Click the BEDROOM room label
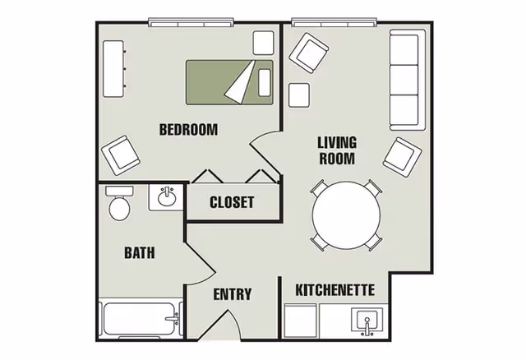tap(188, 129)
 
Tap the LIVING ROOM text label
tap(337, 150)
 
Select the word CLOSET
tap(232, 202)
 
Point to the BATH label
tap(139, 253)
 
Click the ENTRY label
tap(233, 294)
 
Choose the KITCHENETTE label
tap(335, 290)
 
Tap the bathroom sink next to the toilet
tap(167, 197)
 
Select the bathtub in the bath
tap(141, 318)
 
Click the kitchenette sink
tap(367, 321)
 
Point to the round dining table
tap(346, 215)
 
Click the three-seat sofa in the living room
tap(404, 81)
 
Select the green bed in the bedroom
tap(229, 82)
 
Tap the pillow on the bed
tap(264, 81)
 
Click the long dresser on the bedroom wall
tap(113, 66)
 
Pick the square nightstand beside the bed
tap(263, 42)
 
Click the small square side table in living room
tap(298, 95)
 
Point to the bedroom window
tap(191, 21)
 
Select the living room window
tap(335, 21)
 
